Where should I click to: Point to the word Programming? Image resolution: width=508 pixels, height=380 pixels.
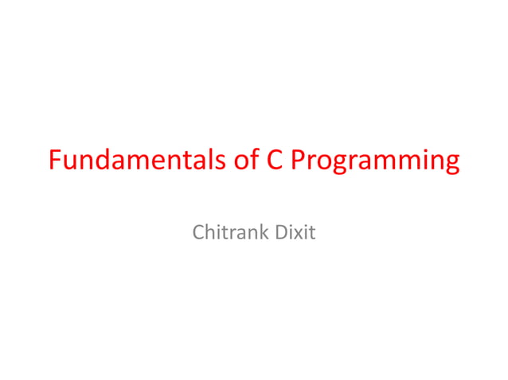coord(374,161)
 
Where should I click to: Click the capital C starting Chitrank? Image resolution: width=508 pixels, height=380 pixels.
coord(198,234)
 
